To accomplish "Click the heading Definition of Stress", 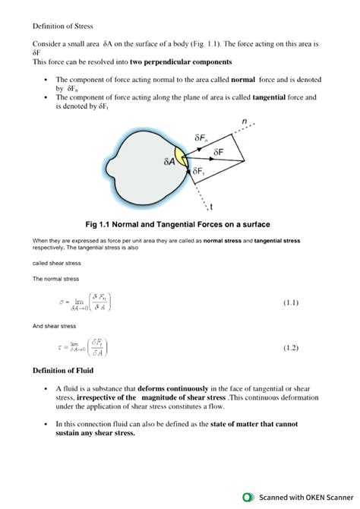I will [62, 26].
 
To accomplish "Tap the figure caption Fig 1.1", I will [179, 224].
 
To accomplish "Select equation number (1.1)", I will [291, 303].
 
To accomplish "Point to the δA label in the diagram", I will [169, 162].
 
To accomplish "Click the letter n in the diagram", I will [244, 122].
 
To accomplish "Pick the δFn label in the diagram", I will [201, 138].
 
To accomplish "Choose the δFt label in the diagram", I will [198, 172].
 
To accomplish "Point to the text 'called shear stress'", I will [56, 263].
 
